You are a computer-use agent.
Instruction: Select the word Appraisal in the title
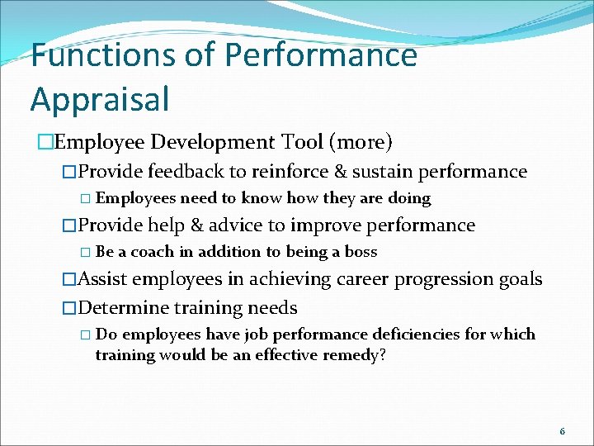[x=100, y=98]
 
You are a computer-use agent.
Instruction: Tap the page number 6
[x=563, y=431]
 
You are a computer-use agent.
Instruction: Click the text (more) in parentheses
[x=361, y=142]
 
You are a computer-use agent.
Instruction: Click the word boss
[x=361, y=252]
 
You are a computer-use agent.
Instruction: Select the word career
[x=361, y=279]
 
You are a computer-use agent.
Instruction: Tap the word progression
[x=445, y=279]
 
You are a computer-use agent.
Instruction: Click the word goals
[x=521, y=279]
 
